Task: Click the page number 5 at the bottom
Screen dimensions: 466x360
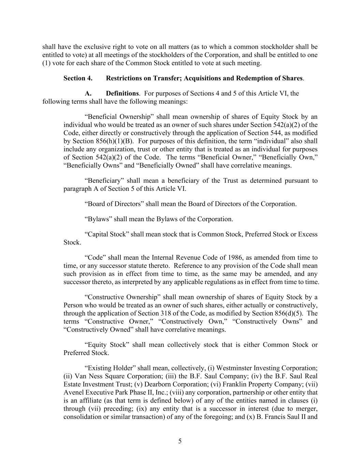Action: coord(180,441)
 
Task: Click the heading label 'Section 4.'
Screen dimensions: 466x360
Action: coord(78,78)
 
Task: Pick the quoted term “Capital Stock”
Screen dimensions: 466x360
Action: coord(106,234)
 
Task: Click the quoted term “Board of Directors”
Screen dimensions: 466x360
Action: coord(114,204)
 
